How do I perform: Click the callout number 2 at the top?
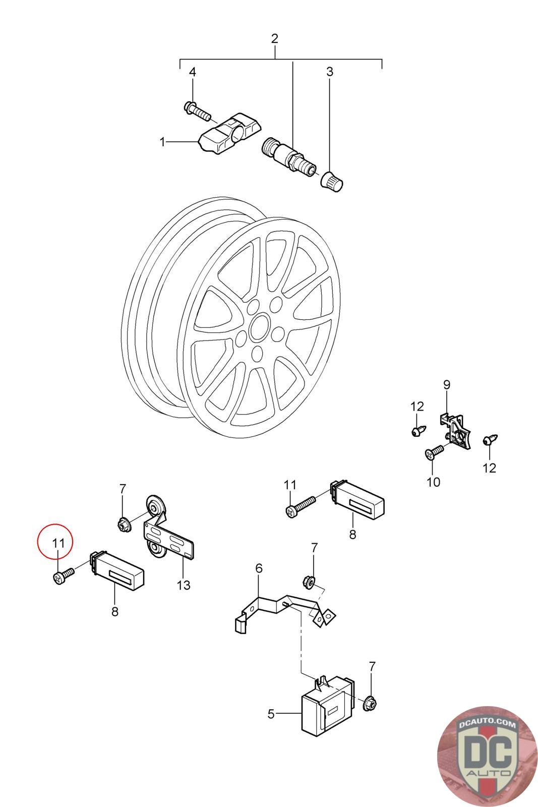(x=275, y=38)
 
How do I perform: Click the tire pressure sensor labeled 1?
(x=229, y=136)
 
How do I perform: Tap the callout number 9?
(x=447, y=384)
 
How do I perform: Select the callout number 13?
(x=184, y=585)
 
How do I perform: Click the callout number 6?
(x=259, y=568)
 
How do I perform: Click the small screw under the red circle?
(x=63, y=575)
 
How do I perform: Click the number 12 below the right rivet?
(x=489, y=468)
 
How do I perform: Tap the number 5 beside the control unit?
(x=271, y=714)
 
